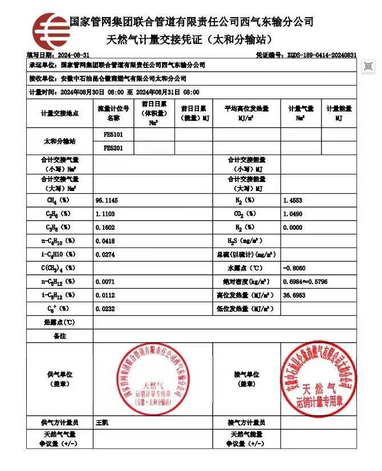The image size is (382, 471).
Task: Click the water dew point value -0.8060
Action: pyautogui.click(x=294, y=268)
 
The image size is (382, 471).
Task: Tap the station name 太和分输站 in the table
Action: pyautogui.click(x=59, y=141)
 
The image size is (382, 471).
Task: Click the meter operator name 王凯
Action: pyautogui.click(x=102, y=423)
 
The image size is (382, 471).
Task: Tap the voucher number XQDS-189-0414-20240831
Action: pyautogui.click(x=322, y=55)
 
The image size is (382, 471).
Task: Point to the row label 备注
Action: pyautogui.click(x=59, y=336)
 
